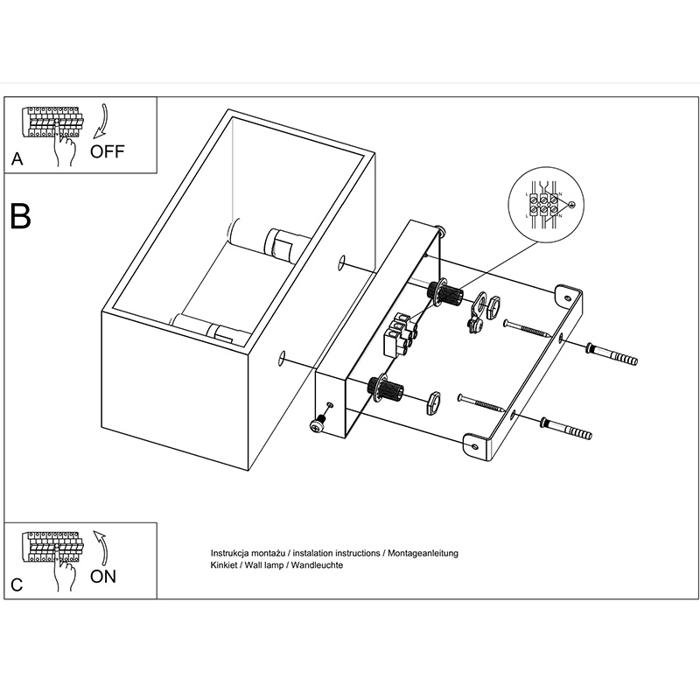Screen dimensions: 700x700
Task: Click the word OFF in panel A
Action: pyautogui.click(x=108, y=150)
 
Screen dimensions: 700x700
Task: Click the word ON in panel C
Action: pyautogui.click(x=103, y=577)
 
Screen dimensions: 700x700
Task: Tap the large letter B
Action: pyautogui.click(x=20, y=216)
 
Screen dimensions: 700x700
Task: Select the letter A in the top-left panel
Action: pyautogui.click(x=17, y=160)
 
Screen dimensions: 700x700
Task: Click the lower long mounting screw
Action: pyautogui.click(x=482, y=403)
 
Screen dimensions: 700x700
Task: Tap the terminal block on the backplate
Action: pyautogui.click(x=401, y=334)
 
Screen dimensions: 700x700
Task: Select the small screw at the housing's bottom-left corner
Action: pyautogui.click(x=317, y=423)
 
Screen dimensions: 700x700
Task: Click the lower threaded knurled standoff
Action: pyautogui.click(x=387, y=386)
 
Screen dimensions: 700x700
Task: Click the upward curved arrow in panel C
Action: pyautogui.click(x=102, y=548)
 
